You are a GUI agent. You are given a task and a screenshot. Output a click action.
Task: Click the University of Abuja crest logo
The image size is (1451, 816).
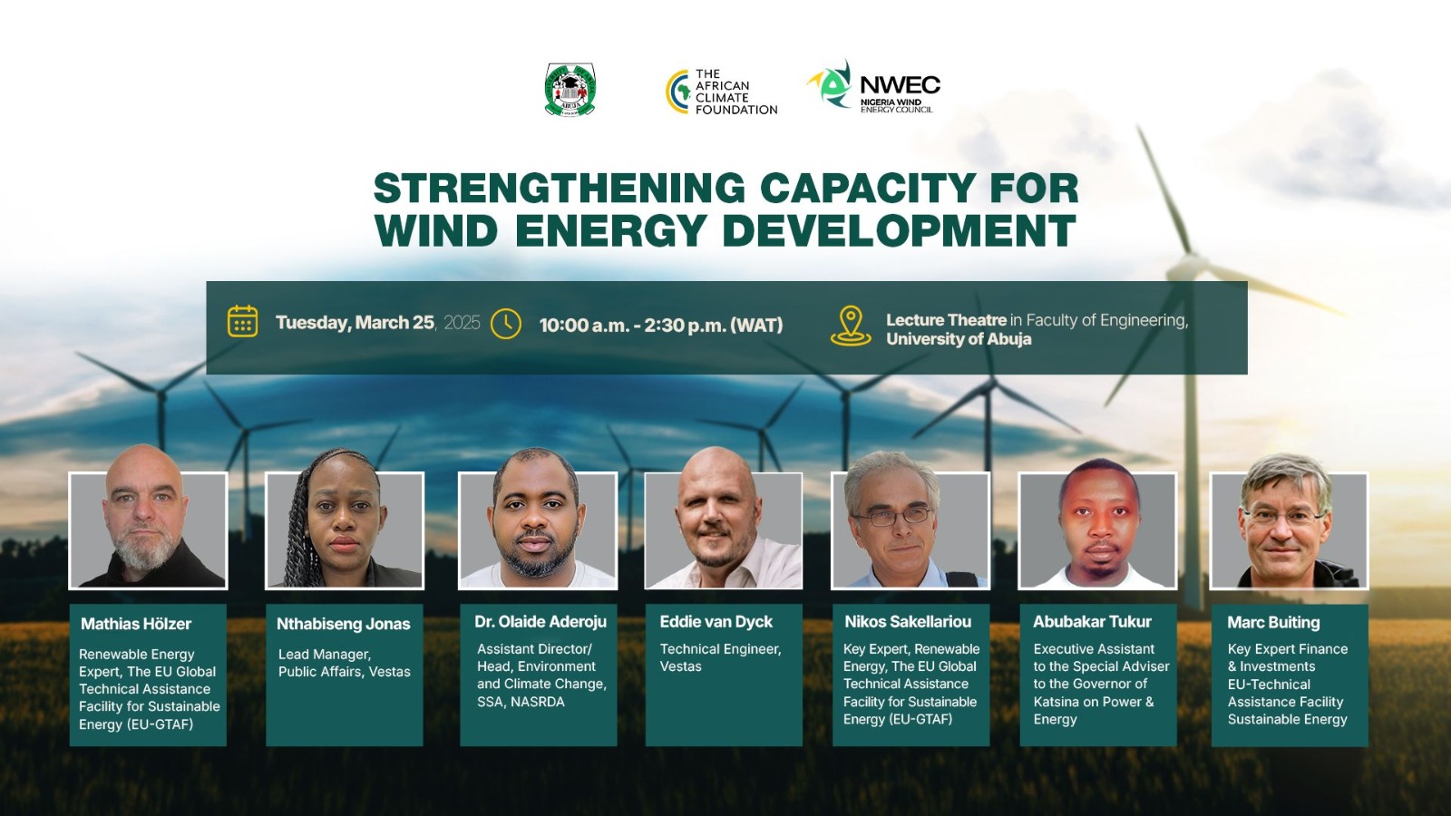coord(570,90)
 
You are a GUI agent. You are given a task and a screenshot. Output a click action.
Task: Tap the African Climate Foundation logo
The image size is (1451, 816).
coord(721,92)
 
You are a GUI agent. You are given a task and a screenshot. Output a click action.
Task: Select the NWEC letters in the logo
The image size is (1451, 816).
coord(900,85)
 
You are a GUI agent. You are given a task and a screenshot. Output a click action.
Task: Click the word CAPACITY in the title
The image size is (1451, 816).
coord(868,188)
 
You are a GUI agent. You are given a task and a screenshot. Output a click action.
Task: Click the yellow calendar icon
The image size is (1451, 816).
coord(242,321)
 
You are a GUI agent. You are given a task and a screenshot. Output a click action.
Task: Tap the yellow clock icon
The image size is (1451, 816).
coord(506,324)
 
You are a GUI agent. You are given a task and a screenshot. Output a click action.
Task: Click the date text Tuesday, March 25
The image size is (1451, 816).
coord(355,323)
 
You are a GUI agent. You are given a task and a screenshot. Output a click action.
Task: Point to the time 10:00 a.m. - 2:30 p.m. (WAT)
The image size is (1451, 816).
coord(661,325)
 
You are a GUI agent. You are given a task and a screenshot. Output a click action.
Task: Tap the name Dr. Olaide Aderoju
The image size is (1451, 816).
coord(540,622)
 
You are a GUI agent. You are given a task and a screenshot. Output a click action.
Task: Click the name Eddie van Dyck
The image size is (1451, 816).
coord(716,622)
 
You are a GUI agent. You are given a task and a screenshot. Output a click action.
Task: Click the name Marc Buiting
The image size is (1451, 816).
coord(1273,622)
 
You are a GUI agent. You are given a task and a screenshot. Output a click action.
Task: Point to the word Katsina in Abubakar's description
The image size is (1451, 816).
coord(1055,702)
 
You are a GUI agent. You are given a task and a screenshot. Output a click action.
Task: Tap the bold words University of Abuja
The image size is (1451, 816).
coord(959,339)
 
